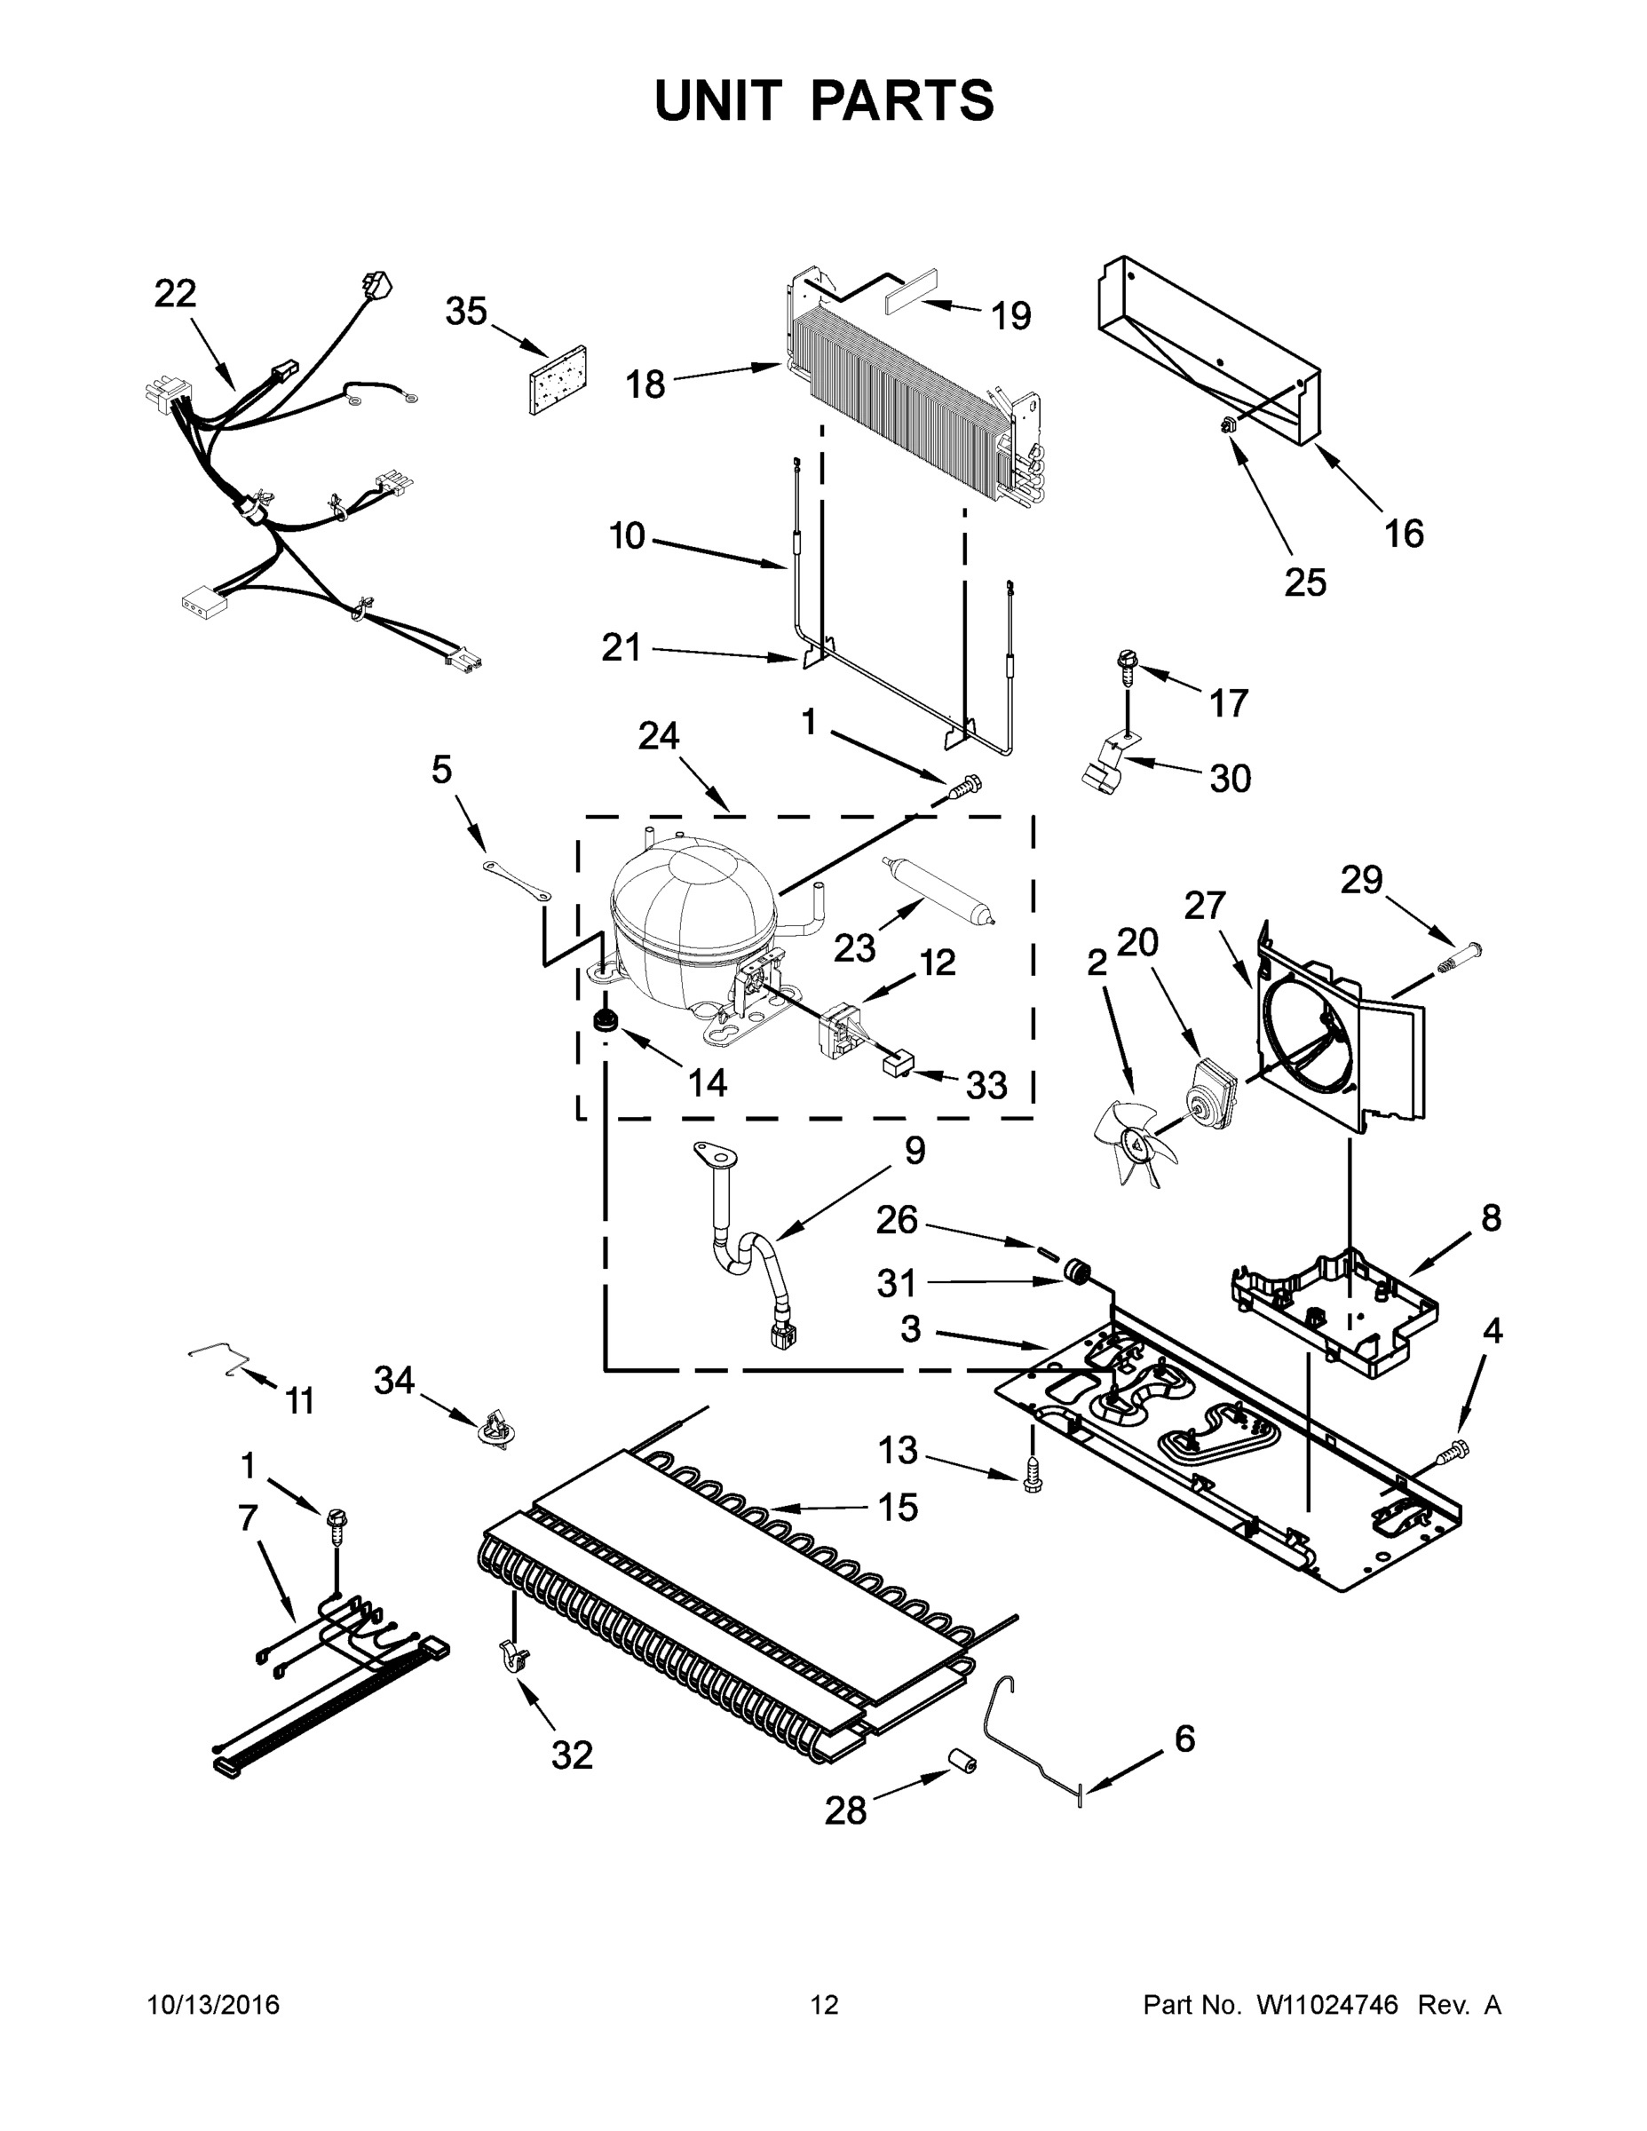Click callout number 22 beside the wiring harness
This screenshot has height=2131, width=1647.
point(176,293)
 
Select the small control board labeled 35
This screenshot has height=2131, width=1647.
point(558,379)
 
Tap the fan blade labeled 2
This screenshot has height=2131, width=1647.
point(1132,1142)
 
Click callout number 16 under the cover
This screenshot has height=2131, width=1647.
point(1403,534)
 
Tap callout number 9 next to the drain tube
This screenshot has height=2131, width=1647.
point(915,1152)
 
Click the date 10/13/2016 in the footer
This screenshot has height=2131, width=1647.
point(213,2005)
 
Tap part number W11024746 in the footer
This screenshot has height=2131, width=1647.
point(1327,2005)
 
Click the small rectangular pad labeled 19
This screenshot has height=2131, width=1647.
point(910,300)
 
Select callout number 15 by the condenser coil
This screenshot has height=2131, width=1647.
point(898,1508)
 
